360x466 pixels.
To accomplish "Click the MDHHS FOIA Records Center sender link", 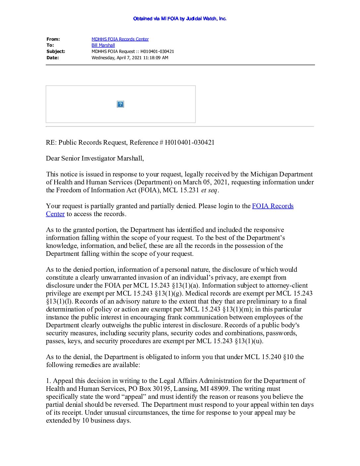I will click(120, 39).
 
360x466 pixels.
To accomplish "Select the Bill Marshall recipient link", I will click(103, 45).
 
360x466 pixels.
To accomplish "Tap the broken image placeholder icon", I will click(120, 104).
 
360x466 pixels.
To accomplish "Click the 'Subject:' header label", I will click(56, 51).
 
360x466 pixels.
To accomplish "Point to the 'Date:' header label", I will click(53, 58).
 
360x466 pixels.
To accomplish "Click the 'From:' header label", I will click(53, 39).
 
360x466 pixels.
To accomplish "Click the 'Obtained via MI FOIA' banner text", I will click(180, 19).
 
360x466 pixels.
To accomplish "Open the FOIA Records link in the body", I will click(273, 206).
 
